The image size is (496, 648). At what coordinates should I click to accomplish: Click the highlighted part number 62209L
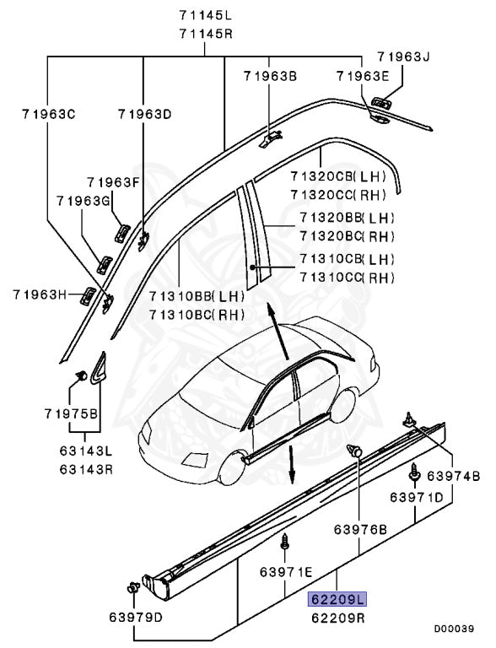[x=337, y=599]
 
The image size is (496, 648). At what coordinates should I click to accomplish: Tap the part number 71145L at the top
[x=206, y=15]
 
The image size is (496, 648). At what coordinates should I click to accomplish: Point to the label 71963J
[x=403, y=57]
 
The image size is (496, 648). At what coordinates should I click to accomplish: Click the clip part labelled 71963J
[x=380, y=103]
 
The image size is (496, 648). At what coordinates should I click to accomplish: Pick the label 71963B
[x=270, y=76]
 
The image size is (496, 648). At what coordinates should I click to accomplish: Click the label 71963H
[x=40, y=294]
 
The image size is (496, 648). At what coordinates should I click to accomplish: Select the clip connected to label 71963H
[x=88, y=296]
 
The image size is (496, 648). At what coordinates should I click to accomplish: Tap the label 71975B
[x=71, y=413]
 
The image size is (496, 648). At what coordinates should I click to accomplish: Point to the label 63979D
[x=136, y=618]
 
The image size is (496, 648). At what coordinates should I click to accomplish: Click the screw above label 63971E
[x=284, y=541]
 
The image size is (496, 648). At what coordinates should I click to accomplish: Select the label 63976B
[x=360, y=529]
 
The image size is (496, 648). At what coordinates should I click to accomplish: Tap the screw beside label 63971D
[x=413, y=472]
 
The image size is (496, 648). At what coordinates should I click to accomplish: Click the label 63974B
[x=454, y=476]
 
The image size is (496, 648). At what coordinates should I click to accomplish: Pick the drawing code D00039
[x=454, y=629]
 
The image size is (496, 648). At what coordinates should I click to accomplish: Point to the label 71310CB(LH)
[x=347, y=259]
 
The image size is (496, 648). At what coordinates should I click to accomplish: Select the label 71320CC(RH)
[x=338, y=194]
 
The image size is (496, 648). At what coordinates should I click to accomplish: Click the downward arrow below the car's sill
[x=292, y=465]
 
